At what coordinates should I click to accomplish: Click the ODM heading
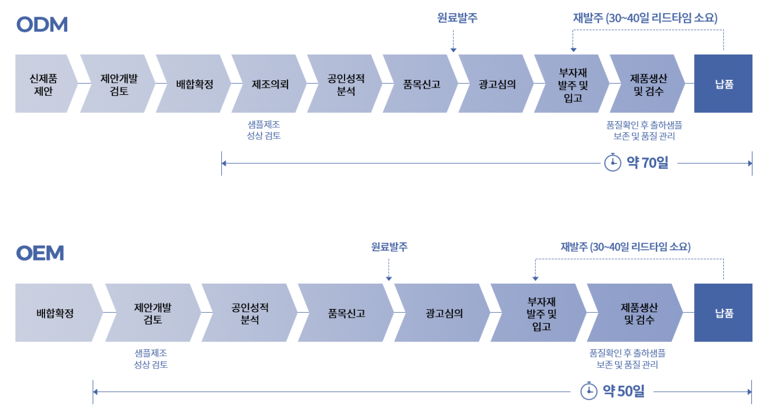pyautogui.click(x=42, y=25)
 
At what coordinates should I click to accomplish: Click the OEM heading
pyautogui.click(x=40, y=253)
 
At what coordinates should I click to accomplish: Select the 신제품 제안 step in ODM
pyautogui.click(x=43, y=84)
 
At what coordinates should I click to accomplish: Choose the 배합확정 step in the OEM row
pyautogui.click(x=55, y=313)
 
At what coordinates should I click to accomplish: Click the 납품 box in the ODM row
pyautogui.click(x=723, y=84)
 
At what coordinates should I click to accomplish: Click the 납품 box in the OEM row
pyautogui.click(x=723, y=313)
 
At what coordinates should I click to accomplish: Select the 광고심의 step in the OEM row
pyautogui.click(x=444, y=313)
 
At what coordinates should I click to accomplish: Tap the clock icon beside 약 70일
pyautogui.click(x=613, y=163)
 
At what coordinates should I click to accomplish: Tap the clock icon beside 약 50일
pyautogui.click(x=589, y=391)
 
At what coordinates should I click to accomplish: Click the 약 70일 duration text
pyautogui.click(x=647, y=163)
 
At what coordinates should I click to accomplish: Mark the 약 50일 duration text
pyautogui.click(x=624, y=391)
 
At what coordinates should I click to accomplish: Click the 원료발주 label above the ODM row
pyautogui.click(x=457, y=18)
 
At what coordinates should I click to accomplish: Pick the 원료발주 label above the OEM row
pyautogui.click(x=389, y=247)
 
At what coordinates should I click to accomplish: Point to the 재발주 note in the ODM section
pyautogui.click(x=645, y=18)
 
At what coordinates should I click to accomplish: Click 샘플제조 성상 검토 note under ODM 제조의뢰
pyautogui.click(x=264, y=130)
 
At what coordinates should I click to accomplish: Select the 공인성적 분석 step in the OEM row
pyautogui.click(x=249, y=313)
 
